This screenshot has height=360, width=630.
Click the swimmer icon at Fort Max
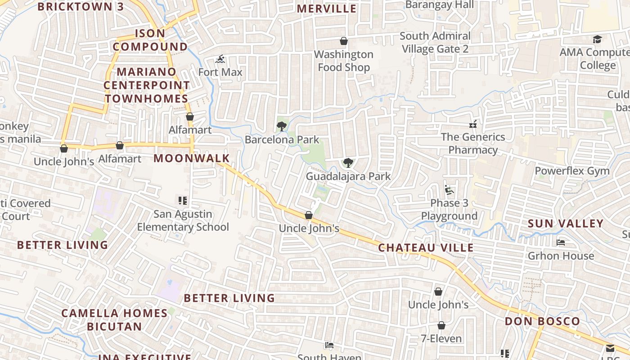click(220, 59)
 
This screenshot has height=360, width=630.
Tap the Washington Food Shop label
click(344, 61)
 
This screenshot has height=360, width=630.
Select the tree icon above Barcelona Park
click(282, 126)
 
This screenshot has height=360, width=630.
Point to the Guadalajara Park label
click(348, 176)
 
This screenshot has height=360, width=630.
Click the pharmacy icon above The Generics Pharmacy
click(473, 124)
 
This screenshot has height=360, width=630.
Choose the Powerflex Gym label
click(572, 171)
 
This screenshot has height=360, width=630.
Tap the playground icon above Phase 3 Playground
click(449, 190)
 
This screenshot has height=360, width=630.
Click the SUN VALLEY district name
click(565, 224)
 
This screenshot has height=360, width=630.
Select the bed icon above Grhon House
click(561, 243)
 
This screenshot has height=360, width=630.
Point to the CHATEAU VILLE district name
click(426, 248)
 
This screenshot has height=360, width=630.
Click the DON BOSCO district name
click(542, 321)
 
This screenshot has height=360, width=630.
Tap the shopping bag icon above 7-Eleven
click(441, 325)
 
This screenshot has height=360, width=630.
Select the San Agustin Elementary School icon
click(183, 201)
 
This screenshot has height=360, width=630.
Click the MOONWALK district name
click(192, 158)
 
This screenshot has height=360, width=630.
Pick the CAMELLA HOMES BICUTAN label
click(114, 319)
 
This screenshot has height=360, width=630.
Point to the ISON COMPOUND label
click(150, 40)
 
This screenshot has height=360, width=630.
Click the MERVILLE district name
click(327, 9)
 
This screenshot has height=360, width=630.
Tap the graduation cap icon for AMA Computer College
click(597, 40)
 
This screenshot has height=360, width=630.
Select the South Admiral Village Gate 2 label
click(435, 42)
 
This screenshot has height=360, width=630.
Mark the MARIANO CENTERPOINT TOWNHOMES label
click(147, 85)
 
